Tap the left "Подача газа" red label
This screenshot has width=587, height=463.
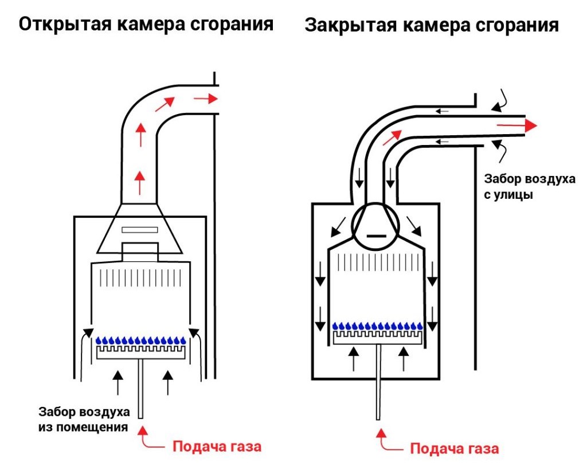click(x=217, y=445)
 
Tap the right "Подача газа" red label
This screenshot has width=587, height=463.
click(x=455, y=448)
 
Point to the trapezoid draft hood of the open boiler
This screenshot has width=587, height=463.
click(x=140, y=230)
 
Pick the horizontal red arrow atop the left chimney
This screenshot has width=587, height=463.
click(x=206, y=99)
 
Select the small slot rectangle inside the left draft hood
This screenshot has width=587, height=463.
click(x=140, y=230)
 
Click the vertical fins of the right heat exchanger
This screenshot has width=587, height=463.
click(x=378, y=262)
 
